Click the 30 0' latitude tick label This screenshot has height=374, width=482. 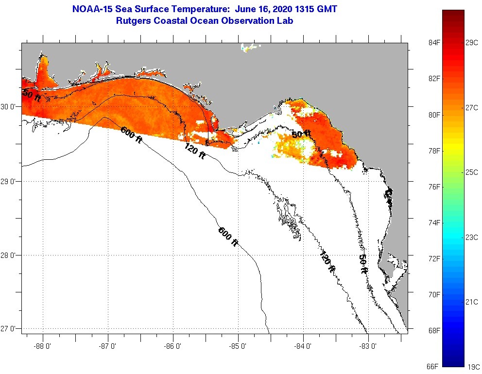click(10, 107)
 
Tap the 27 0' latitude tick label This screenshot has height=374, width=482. click(10, 329)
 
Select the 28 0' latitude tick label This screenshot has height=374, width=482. click(10, 255)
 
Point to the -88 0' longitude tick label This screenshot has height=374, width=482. click(42, 346)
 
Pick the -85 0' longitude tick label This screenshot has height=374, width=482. click(238, 346)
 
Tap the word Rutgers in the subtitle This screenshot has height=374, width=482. click(134, 21)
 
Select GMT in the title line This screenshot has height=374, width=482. click(327, 9)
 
